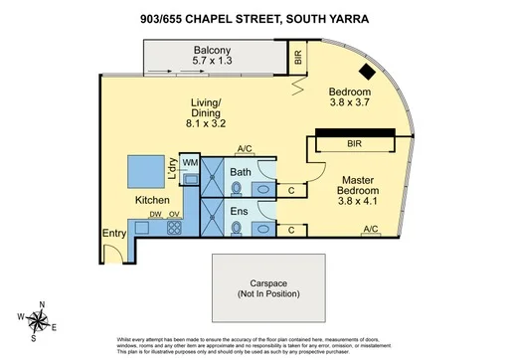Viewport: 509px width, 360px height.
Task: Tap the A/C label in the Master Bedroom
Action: pos(371,230)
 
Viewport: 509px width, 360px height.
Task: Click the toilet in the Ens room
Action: pos(237,228)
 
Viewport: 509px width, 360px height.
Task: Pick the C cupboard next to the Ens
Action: pos(289,230)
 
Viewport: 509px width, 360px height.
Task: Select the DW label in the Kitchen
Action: pos(154,215)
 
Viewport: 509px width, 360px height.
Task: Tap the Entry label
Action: pos(114,234)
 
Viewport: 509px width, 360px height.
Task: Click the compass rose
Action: pos(38,318)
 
